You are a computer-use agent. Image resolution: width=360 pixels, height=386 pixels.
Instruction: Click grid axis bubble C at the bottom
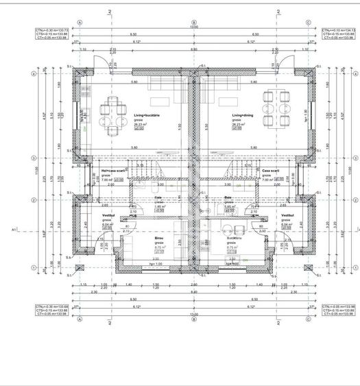click(308, 319)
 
